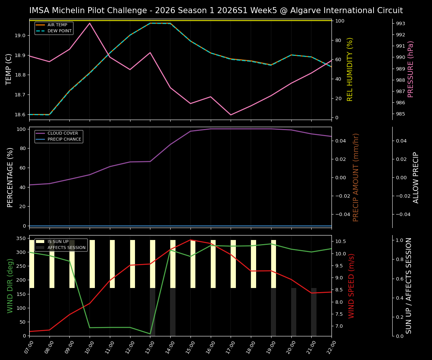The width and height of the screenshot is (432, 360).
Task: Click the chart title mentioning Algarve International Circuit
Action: (216, 10)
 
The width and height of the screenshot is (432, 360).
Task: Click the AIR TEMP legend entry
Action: (57, 25)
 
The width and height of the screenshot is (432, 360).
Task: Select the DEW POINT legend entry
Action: (59, 31)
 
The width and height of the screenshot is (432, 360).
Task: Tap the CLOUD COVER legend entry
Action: (63, 133)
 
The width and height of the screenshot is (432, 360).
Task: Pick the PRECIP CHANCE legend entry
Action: (64, 139)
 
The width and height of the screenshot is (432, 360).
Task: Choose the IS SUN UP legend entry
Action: (58, 242)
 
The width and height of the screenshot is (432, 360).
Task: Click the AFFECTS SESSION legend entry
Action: (66, 248)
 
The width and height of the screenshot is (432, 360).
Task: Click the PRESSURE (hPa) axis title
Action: (411, 69)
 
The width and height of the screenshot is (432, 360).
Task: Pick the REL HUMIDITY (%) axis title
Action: (350, 69)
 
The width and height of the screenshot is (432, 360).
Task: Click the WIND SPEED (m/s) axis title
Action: (351, 286)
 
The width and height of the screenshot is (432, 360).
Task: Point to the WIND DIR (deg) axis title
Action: (10, 286)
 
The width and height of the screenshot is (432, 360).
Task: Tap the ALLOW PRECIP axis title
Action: (416, 177)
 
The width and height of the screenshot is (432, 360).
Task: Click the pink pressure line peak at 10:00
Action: (90, 23)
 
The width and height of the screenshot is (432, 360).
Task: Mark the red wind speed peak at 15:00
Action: (190, 240)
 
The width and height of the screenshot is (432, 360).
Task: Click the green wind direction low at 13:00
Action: (150, 334)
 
